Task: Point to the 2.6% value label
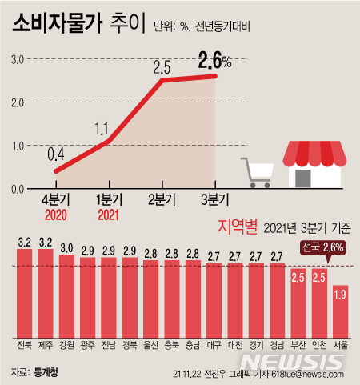click(x=214, y=61)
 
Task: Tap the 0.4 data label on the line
click(x=56, y=153)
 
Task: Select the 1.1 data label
click(x=101, y=126)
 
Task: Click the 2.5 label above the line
click(x=162, y=66)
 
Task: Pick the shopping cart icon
click(x=258, y=171)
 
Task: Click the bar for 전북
click(x=24, y=292)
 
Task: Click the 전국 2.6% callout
click(x=322, y=247)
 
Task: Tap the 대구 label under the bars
click(x=214, y=346)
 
